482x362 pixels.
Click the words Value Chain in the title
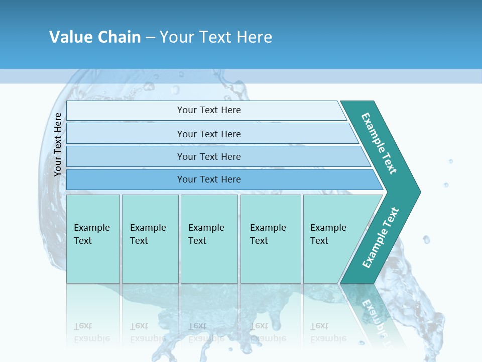point(95,37)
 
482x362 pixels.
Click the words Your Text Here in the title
point(216,37)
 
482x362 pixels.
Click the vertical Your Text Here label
point(58,144)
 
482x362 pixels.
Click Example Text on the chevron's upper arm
point(379,143)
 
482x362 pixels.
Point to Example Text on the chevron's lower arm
point(381,237)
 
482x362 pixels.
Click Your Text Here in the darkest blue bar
point(209,179)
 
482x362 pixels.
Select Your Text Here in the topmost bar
point(209,110)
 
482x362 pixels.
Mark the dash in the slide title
point(150,37)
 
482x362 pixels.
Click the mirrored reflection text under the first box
point(92,332)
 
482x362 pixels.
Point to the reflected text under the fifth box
point(328,332)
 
